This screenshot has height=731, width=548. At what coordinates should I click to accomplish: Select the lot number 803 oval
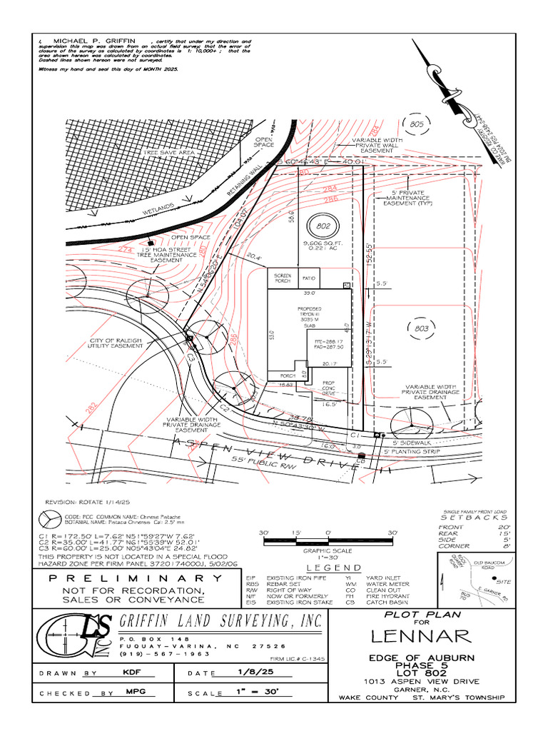coord(421,328)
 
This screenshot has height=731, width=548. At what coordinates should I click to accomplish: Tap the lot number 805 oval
coord(417,124)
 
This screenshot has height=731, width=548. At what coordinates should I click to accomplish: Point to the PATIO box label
coord(308,276)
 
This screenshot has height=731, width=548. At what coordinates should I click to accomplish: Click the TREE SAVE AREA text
coord(168,153)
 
